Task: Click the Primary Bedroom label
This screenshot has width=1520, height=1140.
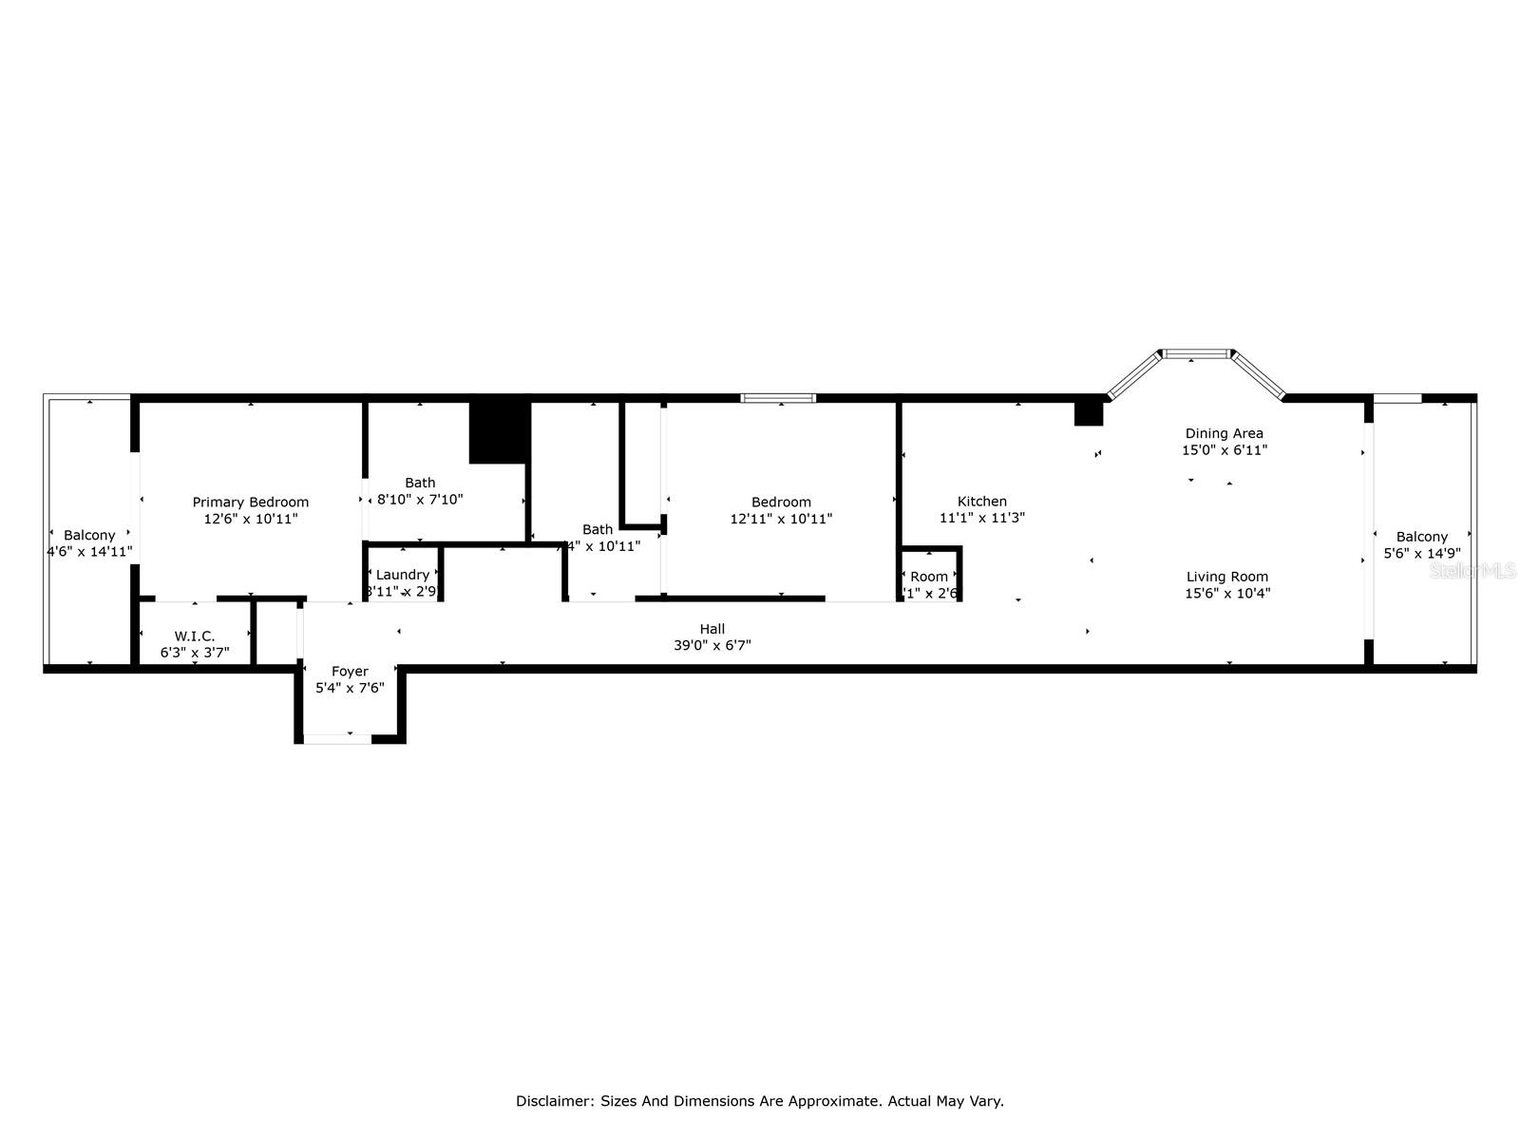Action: pos(251,503)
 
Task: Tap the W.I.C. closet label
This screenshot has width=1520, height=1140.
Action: pos(195,636)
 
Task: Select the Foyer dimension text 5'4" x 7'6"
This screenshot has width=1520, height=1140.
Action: pos(350,688)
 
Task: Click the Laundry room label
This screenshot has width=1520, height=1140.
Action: pos(403,575)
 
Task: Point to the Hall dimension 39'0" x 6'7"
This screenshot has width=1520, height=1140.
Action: pos(712,646)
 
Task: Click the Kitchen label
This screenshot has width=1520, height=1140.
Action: pos(982,502)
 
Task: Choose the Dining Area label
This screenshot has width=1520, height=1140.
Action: pos(1224,433)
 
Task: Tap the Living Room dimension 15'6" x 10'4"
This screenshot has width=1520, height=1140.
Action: pos(1227,594)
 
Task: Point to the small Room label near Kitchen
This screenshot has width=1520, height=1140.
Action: pos(929,577)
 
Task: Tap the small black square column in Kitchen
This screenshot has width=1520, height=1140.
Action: pos(1088,414)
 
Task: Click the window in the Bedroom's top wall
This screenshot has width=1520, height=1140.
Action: pos(779,398)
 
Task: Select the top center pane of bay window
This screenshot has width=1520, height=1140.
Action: pos(1196,354)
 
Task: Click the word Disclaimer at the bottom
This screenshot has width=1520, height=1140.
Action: pos(554,1102)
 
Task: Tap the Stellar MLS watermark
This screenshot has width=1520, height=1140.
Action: pos(1473,571)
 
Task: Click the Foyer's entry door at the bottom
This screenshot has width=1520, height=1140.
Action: pos(337,738)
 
